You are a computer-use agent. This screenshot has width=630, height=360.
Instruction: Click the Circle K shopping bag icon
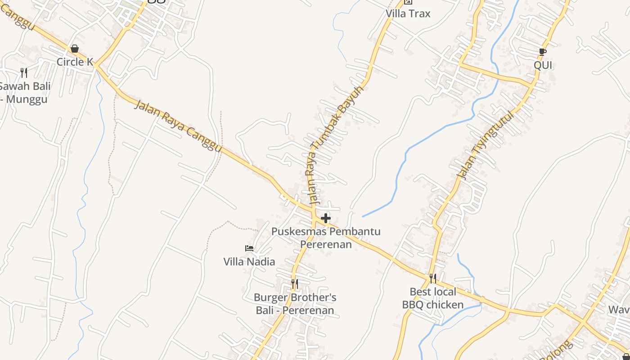pyautogui.click(x=75, y=49)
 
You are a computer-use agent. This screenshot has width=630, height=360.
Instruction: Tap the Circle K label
pyautogui.click(x=75, y=62)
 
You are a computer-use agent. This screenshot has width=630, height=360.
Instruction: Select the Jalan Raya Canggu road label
pyautogui.click(x=178, y=126)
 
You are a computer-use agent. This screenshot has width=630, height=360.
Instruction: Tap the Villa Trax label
pyautogui.click(x=408, y=13)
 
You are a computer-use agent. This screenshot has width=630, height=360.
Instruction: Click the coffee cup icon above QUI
pyautogui.click(x=543, y=52)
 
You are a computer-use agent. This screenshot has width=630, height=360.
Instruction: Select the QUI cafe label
pyautogui.click(x=543, y=65)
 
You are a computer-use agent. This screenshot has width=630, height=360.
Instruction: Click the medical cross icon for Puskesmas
pyautogui.click(x=326, y=219)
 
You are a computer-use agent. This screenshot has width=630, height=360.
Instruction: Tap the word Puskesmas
pyautogui.click(x=297, y=232)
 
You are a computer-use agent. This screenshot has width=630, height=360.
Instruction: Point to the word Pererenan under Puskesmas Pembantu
pyautogui.click(x=326, y=244)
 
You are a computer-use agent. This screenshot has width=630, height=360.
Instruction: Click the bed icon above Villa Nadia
pyautogui.click(x=249, y=248)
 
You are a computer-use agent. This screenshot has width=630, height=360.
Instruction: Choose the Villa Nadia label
pyautogui.click(x=249, y=261)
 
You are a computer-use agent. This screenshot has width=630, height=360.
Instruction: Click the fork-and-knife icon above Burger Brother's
pyautogui.click(x=295, y=283)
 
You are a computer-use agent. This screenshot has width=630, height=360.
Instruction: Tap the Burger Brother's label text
pyautogui.click(x=295, y=297)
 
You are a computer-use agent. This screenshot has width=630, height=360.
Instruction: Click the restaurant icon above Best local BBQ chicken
pyautogui.click(x=433, y=278)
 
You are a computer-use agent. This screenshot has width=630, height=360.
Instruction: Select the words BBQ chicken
pyautogui.click(x=433, y=305)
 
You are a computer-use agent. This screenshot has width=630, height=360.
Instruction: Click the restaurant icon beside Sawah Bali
pyautogui.click(x=24, y=72)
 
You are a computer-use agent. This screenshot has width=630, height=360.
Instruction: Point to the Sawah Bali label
pyautogui.click(x=25, y=86)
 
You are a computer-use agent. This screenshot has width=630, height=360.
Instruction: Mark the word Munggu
pyautogui.click(x=27, y=99)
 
